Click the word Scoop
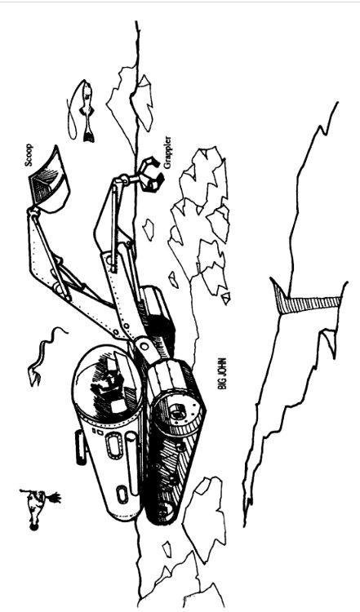29,155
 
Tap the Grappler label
167,153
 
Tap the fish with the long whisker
81,110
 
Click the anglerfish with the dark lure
39,508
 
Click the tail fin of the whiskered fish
89,135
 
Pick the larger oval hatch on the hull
114,446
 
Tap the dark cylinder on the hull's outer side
81,447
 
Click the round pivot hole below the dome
144,346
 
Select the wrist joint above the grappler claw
124,180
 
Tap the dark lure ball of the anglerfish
34,528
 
